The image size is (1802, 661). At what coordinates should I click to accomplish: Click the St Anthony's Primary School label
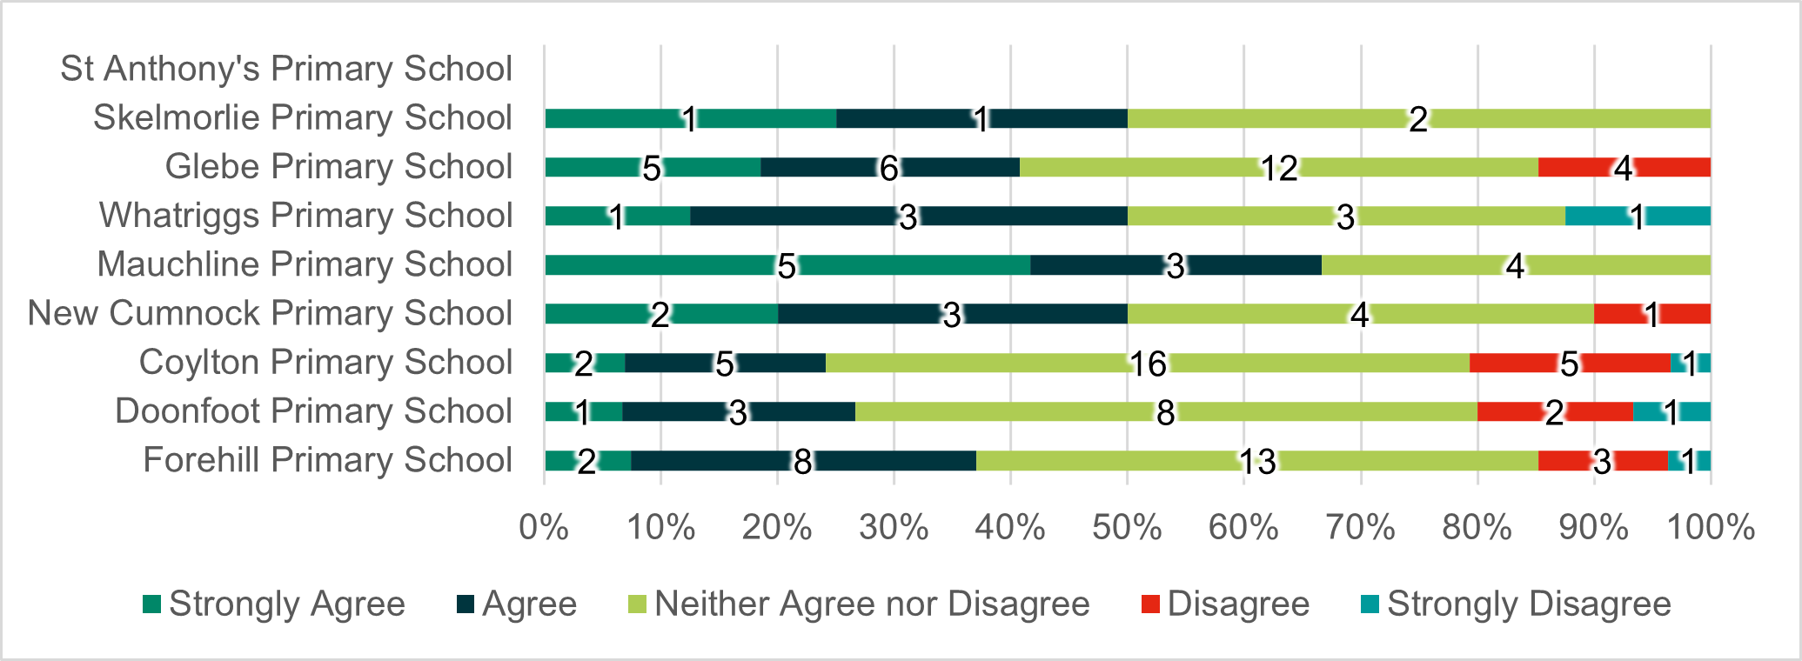(286, 69)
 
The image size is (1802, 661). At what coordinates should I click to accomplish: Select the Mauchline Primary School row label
(305, 264)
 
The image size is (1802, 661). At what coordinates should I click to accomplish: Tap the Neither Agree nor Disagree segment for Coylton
(1044, 364)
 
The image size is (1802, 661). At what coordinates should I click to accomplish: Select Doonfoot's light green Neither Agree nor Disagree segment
(1044, 412)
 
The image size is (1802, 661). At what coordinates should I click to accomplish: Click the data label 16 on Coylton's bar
(1148, 364)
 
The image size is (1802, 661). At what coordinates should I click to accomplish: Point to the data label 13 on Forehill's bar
(1256, 462)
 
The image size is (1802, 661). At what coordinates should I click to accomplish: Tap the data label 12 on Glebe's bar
(1279, 168)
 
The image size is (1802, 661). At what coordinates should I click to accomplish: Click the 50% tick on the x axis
(1127, 527)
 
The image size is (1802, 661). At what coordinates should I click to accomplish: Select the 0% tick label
(544, 527)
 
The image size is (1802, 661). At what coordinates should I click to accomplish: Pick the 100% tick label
(1710, 527)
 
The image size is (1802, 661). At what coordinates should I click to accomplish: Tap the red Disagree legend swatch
(1151, 604)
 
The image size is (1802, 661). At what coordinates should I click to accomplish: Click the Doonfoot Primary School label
(313, 411)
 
